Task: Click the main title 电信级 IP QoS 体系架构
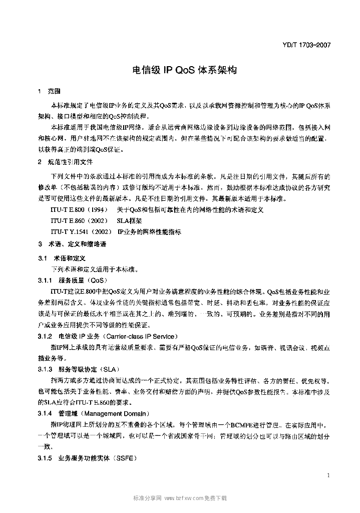click(180, 70)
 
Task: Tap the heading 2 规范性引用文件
click(66, 162)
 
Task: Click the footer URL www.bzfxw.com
click(184, 498)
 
